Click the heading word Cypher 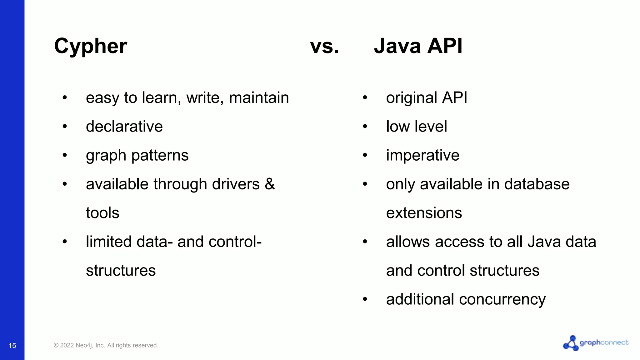tap(91, 46)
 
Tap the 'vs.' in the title tap(324, 46)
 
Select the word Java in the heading tap(397, 46)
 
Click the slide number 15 tap(12, 345)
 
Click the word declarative tap(124, 127)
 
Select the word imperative tap(422, 155)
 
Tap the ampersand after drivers tap(270, 184)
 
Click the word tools tap(102, 213)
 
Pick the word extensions tap(424, 213)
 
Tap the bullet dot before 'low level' tap(365, 127)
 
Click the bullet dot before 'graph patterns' tap(65, 155)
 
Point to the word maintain tap(259, 97)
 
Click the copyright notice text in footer tap(106, 345)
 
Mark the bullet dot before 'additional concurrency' tap(365, 299)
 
